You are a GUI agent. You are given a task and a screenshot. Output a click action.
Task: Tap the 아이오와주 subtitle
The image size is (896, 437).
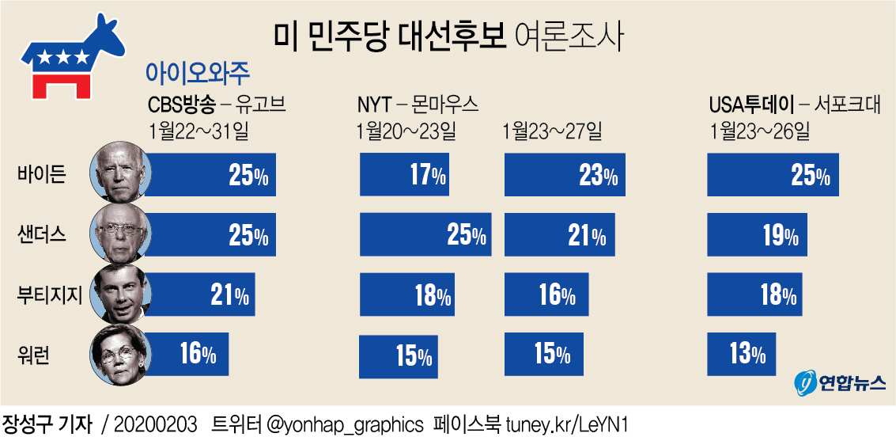click(198, 72)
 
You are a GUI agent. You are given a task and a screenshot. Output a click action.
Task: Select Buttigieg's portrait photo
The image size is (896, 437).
click(118, 294)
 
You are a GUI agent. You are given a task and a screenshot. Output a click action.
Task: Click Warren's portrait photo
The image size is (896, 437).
click(118, 353)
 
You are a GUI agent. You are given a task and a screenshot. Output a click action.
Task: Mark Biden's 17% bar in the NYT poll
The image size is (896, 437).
click(404, 175)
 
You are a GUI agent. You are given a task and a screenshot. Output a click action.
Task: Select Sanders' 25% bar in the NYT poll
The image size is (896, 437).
click(425, 234)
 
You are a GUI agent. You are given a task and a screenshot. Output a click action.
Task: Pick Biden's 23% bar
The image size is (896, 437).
click(564, 175)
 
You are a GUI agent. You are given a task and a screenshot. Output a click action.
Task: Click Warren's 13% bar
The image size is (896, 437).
click(741, 354)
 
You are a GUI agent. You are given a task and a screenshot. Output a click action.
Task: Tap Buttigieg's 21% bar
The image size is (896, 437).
click(199, 294)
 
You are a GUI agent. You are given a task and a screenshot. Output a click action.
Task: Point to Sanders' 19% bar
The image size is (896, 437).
click(757, 234)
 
